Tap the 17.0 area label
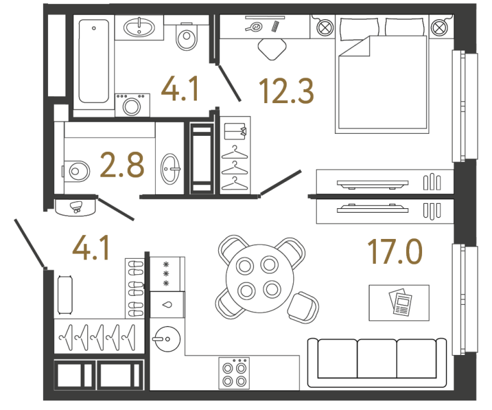[395, 251]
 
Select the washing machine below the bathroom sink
[132, 104]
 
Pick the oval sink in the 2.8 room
[171, 169]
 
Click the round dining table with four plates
[256, 277]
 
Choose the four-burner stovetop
[233, 372]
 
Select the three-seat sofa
[377, 361]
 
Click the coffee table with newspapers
[399, 302]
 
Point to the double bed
[382, 77]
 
